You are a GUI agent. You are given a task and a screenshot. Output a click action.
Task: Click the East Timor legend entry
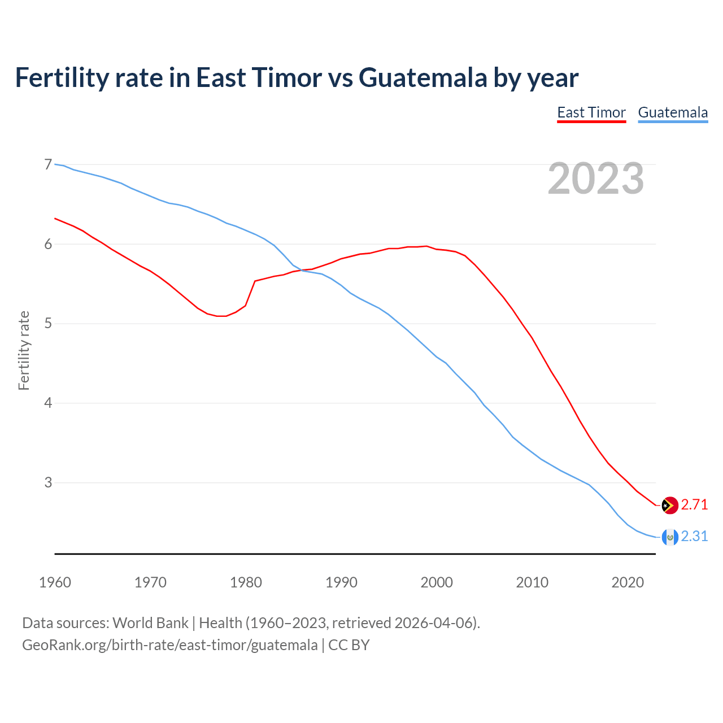[591, 112]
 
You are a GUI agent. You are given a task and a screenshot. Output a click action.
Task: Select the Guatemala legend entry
[673, 112]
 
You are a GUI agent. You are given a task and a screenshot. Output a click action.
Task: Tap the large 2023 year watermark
[595, 178]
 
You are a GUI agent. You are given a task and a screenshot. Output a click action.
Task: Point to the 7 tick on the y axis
[48, 165]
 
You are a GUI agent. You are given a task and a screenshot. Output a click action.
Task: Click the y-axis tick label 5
[48, 324]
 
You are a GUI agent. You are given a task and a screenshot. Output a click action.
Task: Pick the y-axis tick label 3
[48, 482]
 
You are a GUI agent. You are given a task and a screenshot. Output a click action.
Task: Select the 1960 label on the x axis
[55, 582]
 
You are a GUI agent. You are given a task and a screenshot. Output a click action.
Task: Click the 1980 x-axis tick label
[246, 582]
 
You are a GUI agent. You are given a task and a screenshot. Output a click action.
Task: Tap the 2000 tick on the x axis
[437, 582]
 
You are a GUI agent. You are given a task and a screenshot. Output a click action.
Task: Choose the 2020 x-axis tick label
[628, 582]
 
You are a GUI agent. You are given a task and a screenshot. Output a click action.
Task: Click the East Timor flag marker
[669, 505]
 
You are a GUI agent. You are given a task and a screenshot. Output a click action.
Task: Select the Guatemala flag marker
[669, 537]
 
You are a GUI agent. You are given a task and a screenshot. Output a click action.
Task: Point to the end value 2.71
[694, 505]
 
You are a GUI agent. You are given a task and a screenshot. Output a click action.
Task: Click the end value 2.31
[694, 537]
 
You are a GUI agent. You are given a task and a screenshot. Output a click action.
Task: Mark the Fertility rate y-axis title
[24, 350]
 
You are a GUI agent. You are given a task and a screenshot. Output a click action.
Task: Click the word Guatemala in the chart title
[423, 77]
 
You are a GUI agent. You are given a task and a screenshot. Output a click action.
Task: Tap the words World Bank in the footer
[150, 623]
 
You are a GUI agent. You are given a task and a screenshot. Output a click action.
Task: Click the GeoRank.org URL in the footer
[169, 645]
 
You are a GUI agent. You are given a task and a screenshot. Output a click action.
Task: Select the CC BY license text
[349, 645]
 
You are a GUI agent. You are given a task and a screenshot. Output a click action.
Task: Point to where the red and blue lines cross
[299, 270]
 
